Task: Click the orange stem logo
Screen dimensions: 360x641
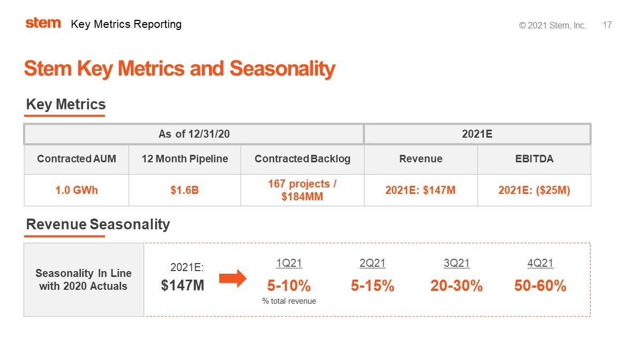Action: pos(43,23)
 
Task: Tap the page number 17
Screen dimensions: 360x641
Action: pos(607,25)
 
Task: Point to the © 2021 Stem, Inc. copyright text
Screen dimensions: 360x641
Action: pos(552,26)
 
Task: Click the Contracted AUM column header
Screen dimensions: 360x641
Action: pos(76,159)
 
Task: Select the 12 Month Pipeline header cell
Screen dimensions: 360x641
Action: pos(184,159)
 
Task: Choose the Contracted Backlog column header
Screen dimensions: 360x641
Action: pos(302,159)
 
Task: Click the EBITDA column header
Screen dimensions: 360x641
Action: pos(534,159)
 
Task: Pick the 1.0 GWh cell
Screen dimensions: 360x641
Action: pos(76,190)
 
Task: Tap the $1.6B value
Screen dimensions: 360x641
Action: pos(184,190)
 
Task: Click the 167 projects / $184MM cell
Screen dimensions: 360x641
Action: pos(302,190)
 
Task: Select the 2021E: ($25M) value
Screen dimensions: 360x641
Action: pos(534,190)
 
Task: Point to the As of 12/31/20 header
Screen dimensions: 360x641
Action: pos(193,134)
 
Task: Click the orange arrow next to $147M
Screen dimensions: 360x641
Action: pos(232,279)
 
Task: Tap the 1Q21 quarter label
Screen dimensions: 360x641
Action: pos(289,263)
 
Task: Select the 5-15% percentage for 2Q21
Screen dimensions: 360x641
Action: pos(372,286)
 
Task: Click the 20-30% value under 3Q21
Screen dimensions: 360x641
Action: pos(457,286)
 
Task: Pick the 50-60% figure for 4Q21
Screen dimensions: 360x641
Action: pos(540,286)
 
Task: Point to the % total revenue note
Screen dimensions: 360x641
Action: pos(289,301)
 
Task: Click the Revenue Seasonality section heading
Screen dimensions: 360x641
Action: pos(98,224)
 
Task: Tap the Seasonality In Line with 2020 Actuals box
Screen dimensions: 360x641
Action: pos(84,280)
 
